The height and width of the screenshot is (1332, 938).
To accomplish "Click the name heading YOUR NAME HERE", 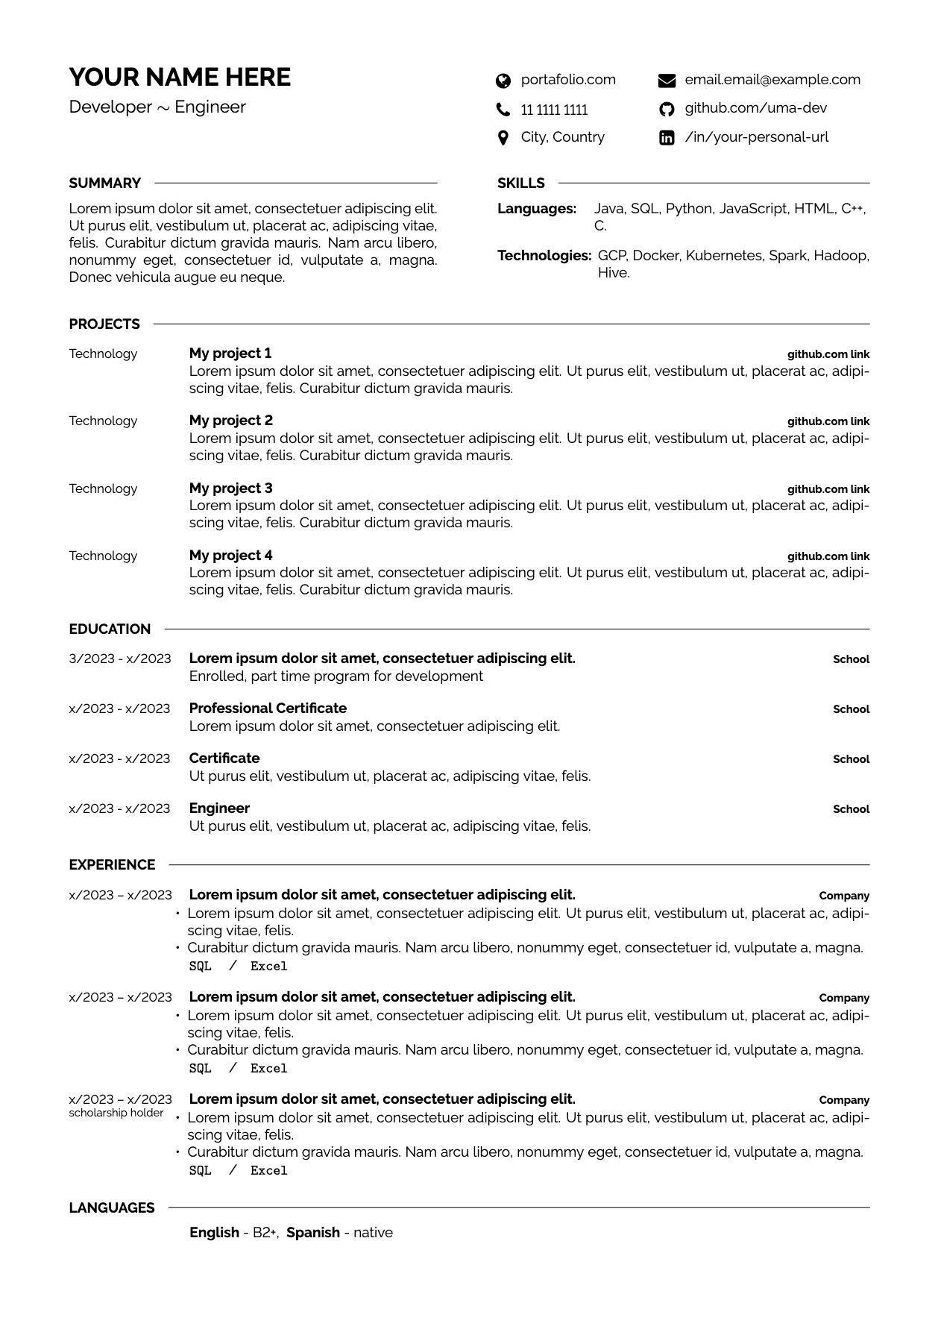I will pyautogui.click(x=180, y=78).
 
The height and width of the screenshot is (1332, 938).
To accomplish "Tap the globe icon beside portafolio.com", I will pyautogui.click(x=503, y=81).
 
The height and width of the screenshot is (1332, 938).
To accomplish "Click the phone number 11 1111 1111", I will pyautogui.click(x=554, y=110).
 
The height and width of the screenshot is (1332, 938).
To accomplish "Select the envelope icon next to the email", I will pyautogui.click(x=667, y=81).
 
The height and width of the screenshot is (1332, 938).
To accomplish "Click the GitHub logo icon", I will pyautogui.click(x=667, y=110).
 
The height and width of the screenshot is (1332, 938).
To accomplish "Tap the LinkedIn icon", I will pyautogui.click(x=667, y=138).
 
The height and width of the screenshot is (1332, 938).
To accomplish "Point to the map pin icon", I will pyautogui.click(x=503, y=138).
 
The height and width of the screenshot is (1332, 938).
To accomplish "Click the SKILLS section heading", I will pyautogui.click(x=520, y=183).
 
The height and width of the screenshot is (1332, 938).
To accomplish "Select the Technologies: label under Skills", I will pyautogui.click(x=544, y=256).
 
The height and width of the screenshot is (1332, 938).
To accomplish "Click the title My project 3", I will pyautogui.click(x=230, y=488).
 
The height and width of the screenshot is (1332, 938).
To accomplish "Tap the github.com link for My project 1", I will pyautogui.click(x=828, y=355).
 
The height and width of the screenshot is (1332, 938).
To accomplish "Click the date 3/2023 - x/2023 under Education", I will pyautogui.click(x=119, y=659).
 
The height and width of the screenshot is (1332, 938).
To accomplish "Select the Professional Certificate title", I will pyautogui.click(x=268, y=709).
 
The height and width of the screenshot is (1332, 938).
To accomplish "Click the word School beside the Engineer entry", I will pyautogui.click(x=851, y=809).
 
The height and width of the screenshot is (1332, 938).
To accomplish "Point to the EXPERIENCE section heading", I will pyautogui.click(x=112, y=865).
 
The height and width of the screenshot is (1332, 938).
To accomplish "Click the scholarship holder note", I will pyautogui.click(x=116, y=1113).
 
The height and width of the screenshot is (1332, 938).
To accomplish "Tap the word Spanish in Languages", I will pyautogui.click(x=312, y=1233).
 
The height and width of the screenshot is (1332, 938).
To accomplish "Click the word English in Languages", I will pyautogui.click(x=214, y=1233).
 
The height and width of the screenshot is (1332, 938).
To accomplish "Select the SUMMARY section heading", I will pyautogui.click(x=104, y=183).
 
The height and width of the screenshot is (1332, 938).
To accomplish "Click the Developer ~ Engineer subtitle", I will pyautogui.click(x=157, y=107).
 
